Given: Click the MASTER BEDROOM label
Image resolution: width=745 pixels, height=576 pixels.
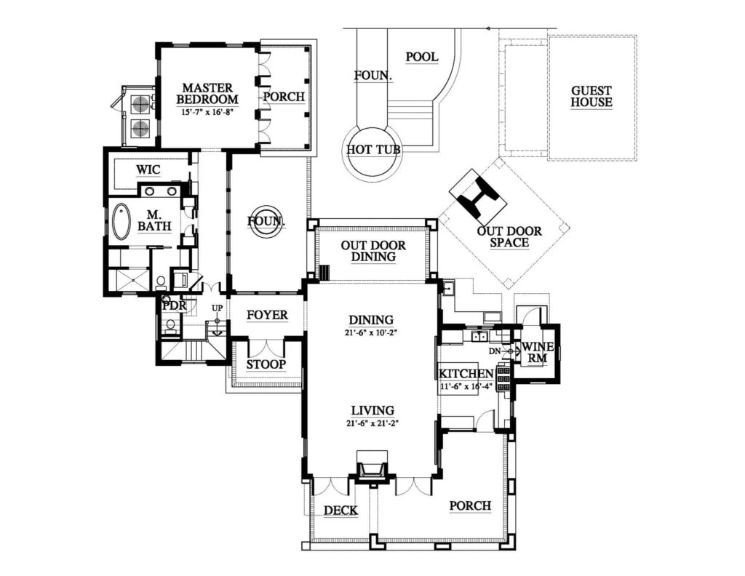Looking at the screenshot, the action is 207,94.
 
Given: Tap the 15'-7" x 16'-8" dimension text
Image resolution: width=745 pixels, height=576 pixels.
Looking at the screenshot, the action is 207,113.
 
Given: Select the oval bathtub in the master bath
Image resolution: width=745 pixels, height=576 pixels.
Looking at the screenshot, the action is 121,222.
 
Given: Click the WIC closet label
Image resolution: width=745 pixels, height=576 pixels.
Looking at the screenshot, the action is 148,169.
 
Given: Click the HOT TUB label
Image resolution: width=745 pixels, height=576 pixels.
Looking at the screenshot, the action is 373,150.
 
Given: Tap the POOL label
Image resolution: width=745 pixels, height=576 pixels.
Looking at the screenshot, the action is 422,57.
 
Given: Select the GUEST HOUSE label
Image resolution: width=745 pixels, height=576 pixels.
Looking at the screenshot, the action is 591,97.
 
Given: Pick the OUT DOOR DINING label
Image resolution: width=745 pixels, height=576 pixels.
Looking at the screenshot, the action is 373,251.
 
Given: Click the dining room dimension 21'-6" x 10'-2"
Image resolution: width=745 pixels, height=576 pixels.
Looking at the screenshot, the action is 371,333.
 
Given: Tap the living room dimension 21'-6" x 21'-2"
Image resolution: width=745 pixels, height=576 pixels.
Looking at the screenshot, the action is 372,423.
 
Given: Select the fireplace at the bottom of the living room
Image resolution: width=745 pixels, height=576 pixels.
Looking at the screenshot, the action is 372,468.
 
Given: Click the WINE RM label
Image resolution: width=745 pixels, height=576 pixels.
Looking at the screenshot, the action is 537,352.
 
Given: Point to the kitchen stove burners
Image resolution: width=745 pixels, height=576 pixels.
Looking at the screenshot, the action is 503,378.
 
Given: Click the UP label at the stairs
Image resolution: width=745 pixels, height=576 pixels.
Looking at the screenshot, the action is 217,308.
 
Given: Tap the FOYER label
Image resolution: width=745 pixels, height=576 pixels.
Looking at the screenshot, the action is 268,315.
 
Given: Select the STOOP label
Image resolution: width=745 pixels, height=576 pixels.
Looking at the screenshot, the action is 266,364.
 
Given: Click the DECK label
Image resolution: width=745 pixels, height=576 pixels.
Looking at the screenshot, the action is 340,511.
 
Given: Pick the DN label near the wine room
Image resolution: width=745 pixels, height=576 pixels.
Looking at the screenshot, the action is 495,351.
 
